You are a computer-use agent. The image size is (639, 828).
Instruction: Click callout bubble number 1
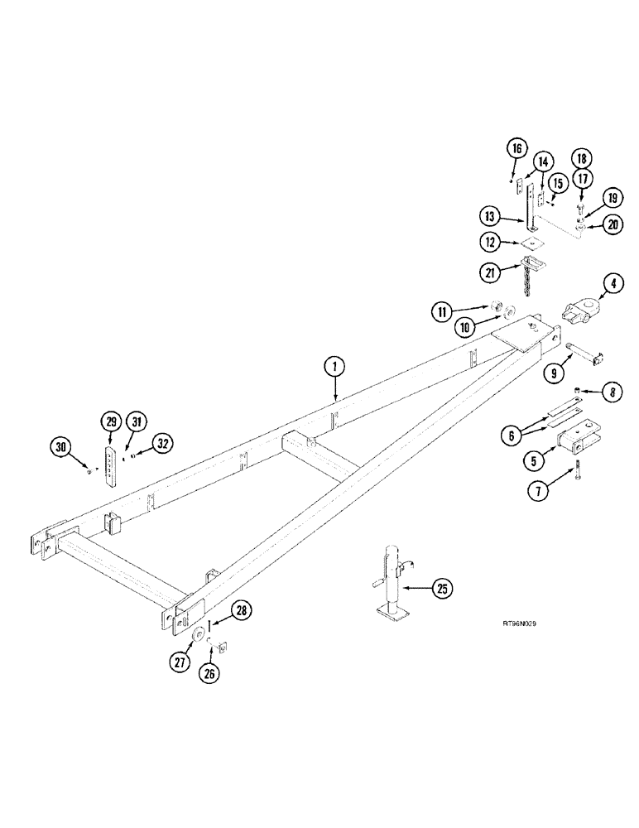pyautogui.click(x=334, y=367)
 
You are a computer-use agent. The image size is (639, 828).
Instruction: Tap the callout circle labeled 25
pyautogui.click(x=443, y=590)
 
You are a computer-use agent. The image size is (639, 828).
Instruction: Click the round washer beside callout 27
pyautogui.click(x=199, y=635)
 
